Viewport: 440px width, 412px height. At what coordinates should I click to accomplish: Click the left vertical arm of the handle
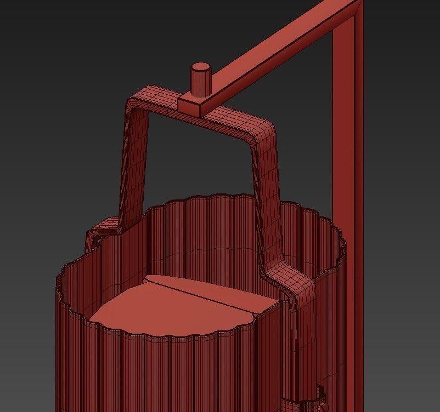pyautogui.click(x=134, y=164)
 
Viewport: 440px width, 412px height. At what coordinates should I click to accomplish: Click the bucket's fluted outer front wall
pyautogui.click(x=165, y=373)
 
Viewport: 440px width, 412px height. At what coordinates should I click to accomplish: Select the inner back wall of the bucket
pyautogui.click(x=219, y=230)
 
